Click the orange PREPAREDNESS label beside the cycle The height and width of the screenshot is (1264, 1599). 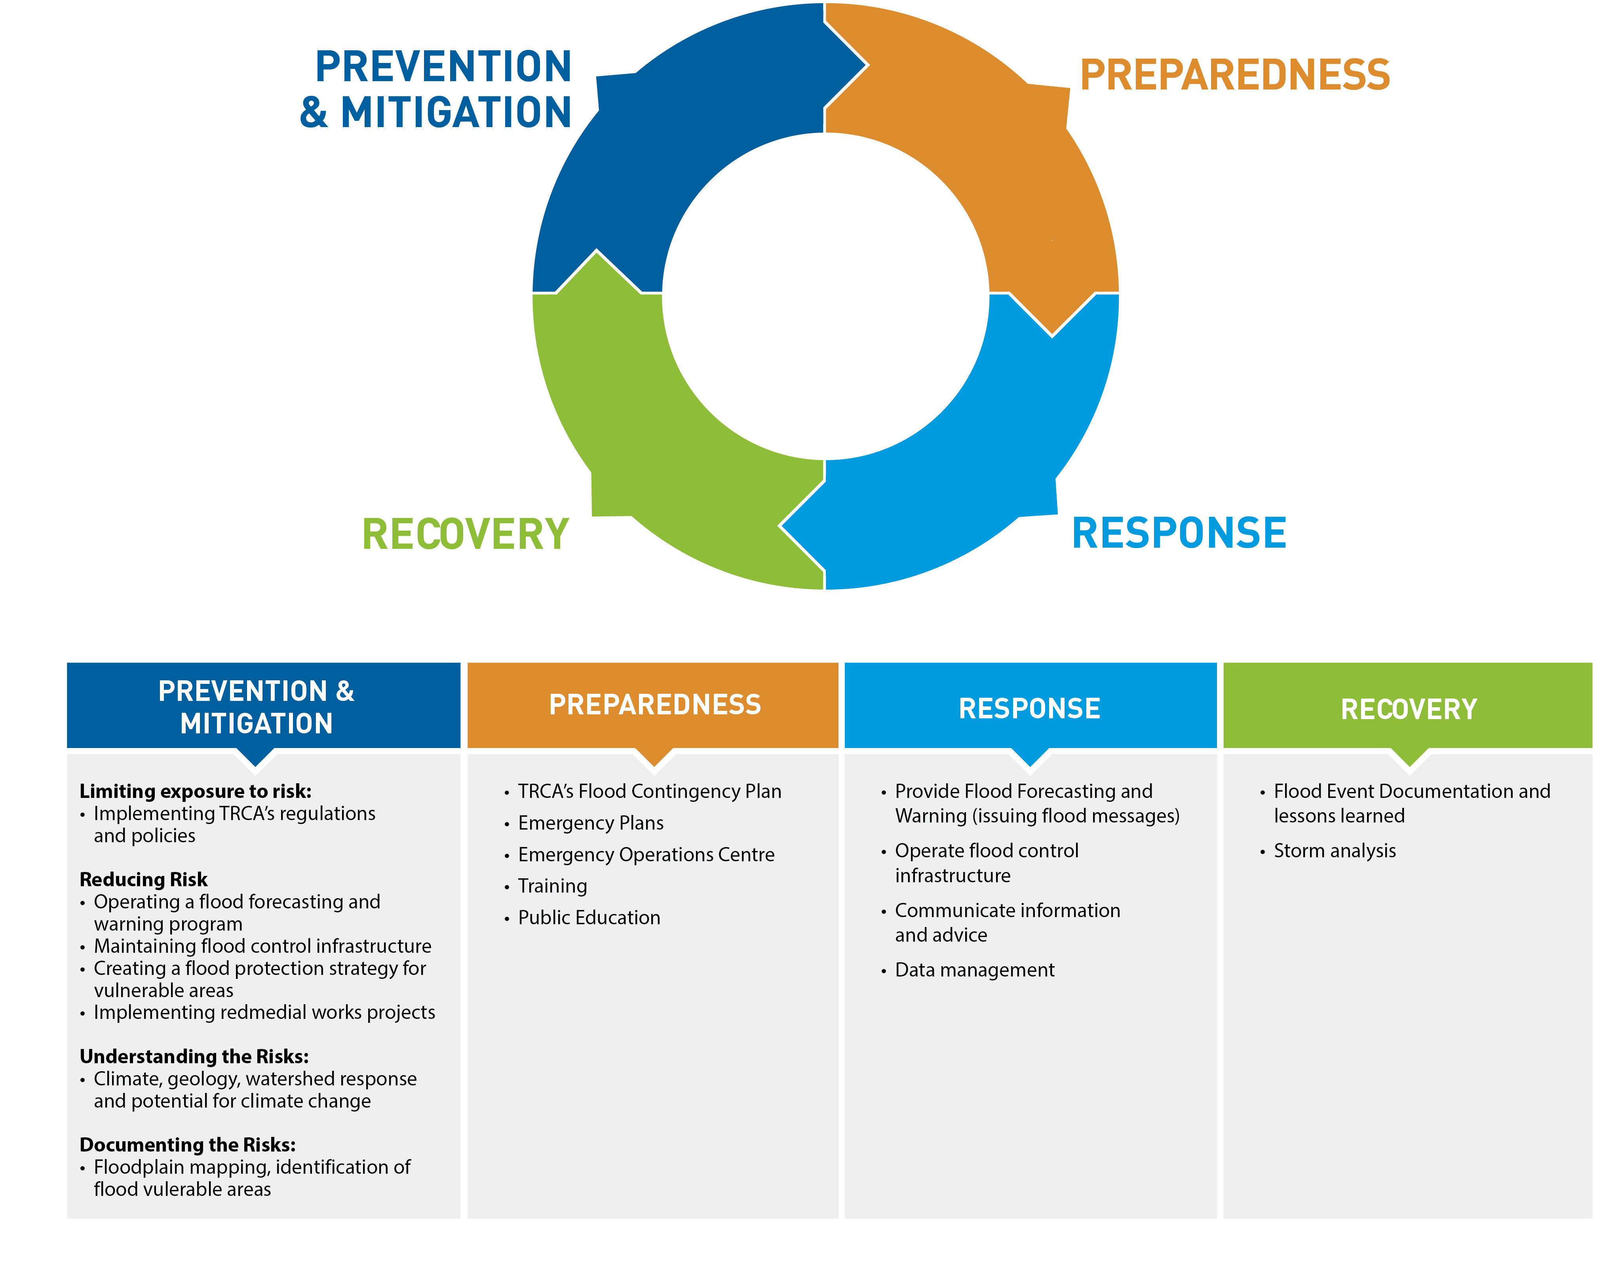click(x=1234, y=76)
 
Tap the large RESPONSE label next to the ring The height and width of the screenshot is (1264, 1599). click(x=1179, y=533)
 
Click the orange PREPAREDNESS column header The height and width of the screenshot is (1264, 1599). click(x=654, y=704)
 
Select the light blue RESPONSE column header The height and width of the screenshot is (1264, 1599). click(x=1029, y=708)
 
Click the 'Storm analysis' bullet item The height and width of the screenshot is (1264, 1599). click(x=1334, y=851)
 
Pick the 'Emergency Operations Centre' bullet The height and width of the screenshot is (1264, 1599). click(x=646, y=855)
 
